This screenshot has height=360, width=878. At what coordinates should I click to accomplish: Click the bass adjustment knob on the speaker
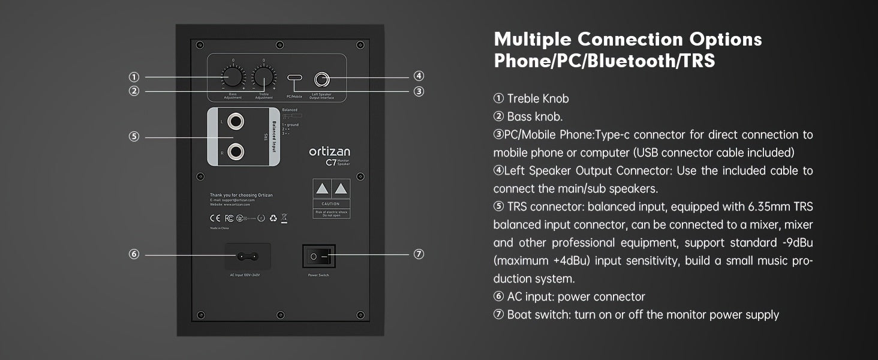pyautogui.click(x=233, y=77)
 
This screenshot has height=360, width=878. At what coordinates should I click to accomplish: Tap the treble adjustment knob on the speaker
pyautogui.click(x=263, y=77)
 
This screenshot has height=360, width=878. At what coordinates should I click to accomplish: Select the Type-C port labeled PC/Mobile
pyautogui.click(x=294, y=78)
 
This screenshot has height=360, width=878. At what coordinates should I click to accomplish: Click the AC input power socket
pyautogui.click(x=248, y=256)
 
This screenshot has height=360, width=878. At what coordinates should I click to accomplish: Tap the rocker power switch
pyautogui.click(x=318, y=256)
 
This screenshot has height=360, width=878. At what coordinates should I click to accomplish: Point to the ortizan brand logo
pyautogui.click(x=329, y=151)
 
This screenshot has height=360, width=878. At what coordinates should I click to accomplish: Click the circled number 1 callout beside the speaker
pyautogui.click(x=134, y=77)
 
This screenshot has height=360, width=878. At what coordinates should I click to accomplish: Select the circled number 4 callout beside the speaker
pyautogui.click(x=419, y=76)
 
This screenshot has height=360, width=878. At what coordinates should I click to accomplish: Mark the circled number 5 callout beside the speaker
pyautogui.click(x=134, y=137)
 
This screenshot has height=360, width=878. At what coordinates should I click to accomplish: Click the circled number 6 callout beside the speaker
pyautogui.click(x=134, y=254)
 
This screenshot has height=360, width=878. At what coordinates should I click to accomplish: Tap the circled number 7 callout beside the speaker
pyautogui.click(x=419, y=254)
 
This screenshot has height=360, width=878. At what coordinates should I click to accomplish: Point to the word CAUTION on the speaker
pyautogui.click(x=330, y=204)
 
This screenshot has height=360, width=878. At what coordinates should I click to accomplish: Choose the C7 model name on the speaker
pyautogui.click(x=330, y=162)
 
